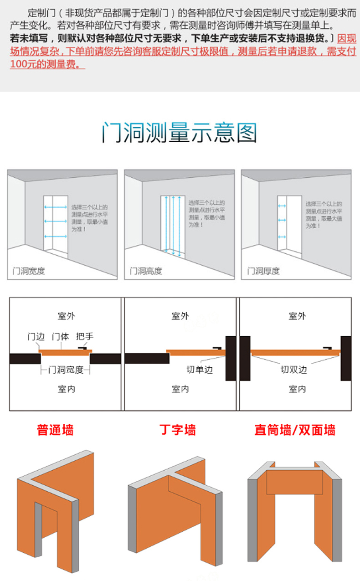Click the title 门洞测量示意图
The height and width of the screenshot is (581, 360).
(180, 133)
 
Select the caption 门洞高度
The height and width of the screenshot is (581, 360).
(146, 271)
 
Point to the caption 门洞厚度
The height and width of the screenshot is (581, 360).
(263, 271)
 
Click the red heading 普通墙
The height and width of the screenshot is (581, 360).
(55, 430)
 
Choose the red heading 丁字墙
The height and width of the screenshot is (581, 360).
(177, 430)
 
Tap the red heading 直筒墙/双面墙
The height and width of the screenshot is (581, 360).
(295, 430)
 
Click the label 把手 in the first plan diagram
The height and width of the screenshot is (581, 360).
(85, 337)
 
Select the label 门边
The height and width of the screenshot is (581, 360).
(36, 337)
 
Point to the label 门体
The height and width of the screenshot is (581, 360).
(60, 337)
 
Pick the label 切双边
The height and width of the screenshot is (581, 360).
(294, 370)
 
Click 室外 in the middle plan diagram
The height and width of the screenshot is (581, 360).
(180, 316)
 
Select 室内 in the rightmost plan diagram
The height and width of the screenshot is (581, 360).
(297, 389)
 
